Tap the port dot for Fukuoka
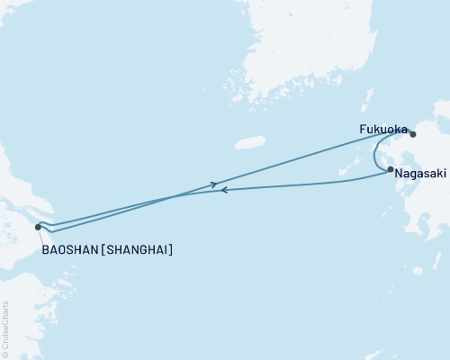point(413,134)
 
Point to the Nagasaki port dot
point(390,169)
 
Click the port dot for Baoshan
point(38,227)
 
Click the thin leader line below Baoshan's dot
point(40,236)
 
